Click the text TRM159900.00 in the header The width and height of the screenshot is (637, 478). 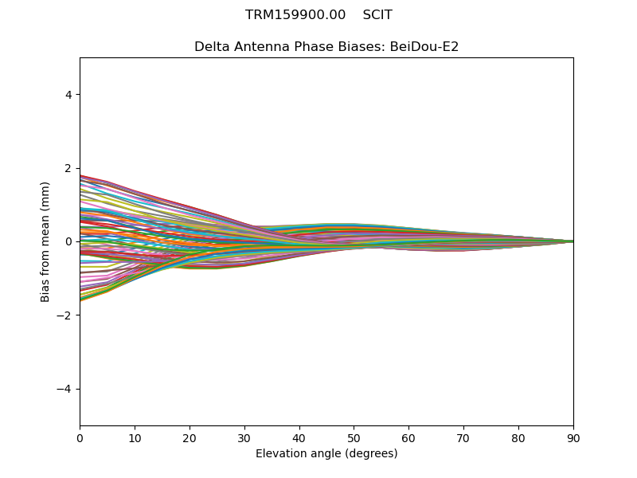(x=295, y=15)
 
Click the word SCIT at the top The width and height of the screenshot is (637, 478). (x=377, y=15)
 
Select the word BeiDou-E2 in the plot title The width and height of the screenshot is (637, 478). (x=424, y=47)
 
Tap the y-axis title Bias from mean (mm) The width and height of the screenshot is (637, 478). (x=45, y=242)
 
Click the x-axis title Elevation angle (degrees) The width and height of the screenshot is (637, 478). (x=326, y=453)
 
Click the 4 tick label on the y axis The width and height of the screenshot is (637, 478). (x=68, y=95)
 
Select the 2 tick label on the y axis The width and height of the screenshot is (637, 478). (x=68, y=168)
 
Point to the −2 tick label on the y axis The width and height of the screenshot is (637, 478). (x=64, y=315)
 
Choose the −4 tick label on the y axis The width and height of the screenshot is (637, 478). (x=64, y=389)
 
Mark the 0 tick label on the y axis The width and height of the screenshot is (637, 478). (x=68, y=242)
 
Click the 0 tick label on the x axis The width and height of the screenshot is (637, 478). (x=80, y=438)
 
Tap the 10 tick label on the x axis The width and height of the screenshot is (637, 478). (x=135, y=438)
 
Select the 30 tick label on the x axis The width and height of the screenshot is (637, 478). (x=244, y=438)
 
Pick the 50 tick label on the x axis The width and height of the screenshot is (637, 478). (x=354, y=438)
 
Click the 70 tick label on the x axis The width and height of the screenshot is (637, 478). (x=463, y=438)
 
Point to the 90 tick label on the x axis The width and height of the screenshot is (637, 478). (x=573, y=438)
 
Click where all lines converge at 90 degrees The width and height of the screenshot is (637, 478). (x=573, y=241)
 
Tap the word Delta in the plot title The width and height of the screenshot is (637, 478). (x=209, y=47)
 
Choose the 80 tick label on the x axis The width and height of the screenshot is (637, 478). (x=518, y=438)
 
